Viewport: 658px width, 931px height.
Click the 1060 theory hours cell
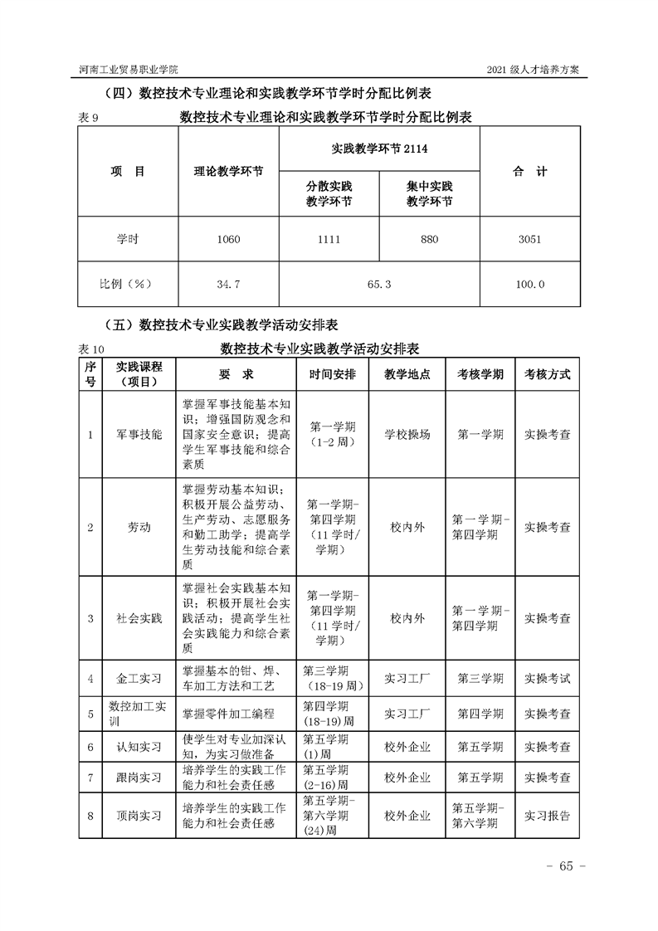(x=228, y=239)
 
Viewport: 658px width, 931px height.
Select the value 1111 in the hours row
(x=329, y=239)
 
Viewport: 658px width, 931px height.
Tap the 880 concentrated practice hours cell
(x=429, y=239)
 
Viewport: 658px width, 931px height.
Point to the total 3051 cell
(x=529, y=239)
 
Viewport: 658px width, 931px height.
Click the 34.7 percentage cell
(x=228, y=284)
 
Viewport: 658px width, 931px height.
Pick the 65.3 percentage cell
(x=379, y=284)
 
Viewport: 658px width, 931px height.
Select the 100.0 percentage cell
(x=529, y=284)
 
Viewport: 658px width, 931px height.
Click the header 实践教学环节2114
(x=379, y=149)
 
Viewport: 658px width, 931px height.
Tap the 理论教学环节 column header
(x=228, y=172)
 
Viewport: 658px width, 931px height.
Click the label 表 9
(x=88, y=118)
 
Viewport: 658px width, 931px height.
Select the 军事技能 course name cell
(x=139, y=434)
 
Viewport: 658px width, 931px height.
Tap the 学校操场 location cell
(x=407, y=434)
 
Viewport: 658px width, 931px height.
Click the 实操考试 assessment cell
(x=547, y=678)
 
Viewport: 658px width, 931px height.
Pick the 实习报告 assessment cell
(x=547, y=816)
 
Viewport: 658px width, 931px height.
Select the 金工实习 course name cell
(x=139, y=678)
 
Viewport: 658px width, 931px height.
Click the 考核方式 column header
(x=547, y=374)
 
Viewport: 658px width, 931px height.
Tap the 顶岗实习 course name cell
(x=139, y=816)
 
